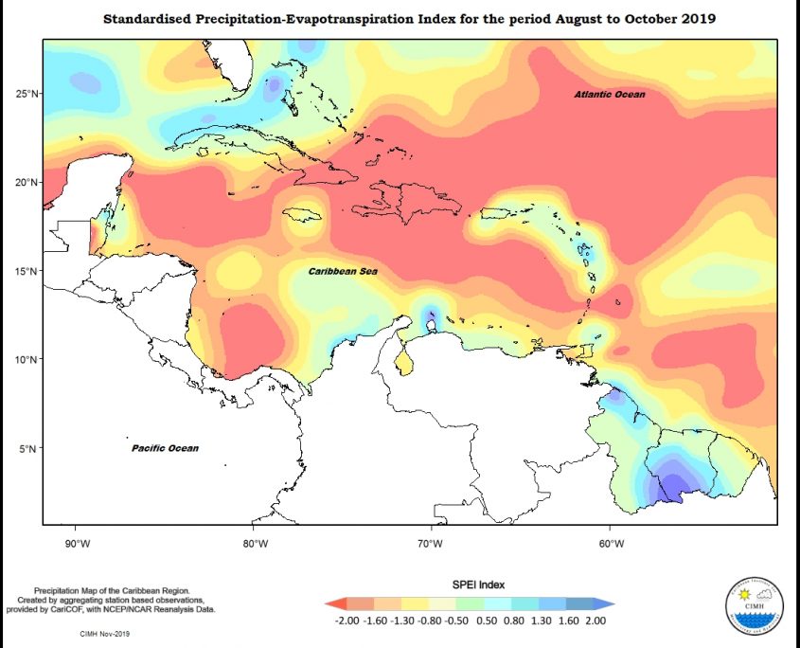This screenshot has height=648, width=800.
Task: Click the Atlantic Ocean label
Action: click(x=610, y=95)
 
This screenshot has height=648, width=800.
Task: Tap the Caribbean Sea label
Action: click(x=342, y=271)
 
